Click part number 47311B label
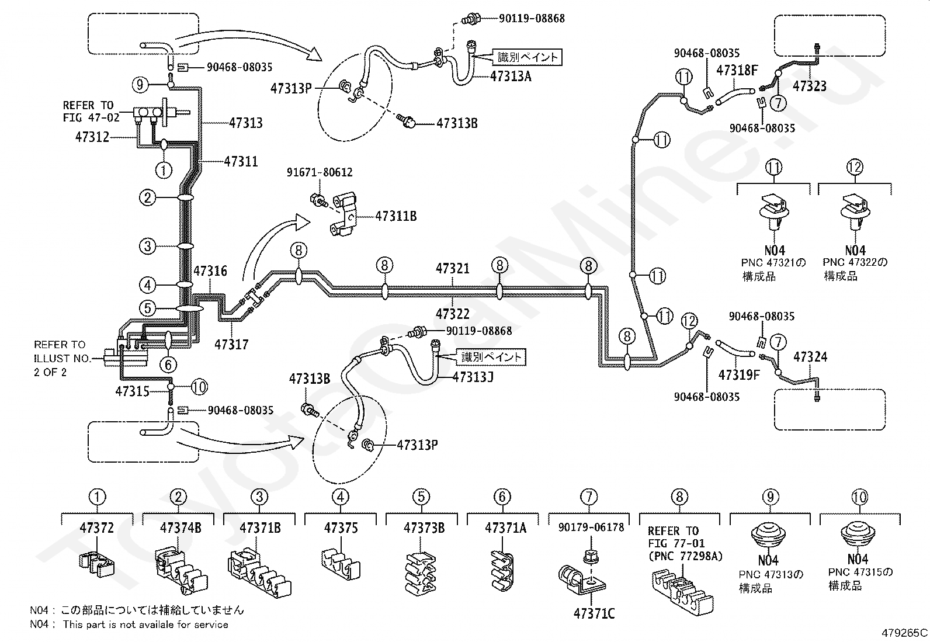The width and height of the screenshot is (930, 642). [x=395, y=216]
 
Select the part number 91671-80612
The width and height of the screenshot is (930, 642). [x=320, y=172]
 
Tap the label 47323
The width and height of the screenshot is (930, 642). [x=809, y=86]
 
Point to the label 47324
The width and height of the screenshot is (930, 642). [x=810, y=357]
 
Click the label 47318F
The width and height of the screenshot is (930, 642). [x=737, y=71]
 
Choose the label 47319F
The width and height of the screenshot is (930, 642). [x=739, y=375]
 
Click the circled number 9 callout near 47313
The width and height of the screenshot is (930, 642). [x=140, y=85]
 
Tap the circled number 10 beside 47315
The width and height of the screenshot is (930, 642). [x=199, y=387]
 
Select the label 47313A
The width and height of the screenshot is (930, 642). [x=511, y=77]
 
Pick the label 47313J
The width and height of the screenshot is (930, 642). [x=473, y=377]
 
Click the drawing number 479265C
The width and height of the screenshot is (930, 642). [x=904, y=633]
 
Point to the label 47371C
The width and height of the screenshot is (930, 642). [x=594, y=613]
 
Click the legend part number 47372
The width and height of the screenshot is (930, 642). [x=97, y=528]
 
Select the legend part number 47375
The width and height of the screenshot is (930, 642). [x=341, y=528]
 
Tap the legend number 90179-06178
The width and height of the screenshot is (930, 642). [x=591, y=528]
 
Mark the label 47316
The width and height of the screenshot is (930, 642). [x=210, y=270]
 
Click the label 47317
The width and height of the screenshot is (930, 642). [x=231, y=344]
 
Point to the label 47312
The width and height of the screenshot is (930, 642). [x=92, y=137]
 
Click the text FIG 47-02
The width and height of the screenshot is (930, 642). [x=91, y=117]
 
